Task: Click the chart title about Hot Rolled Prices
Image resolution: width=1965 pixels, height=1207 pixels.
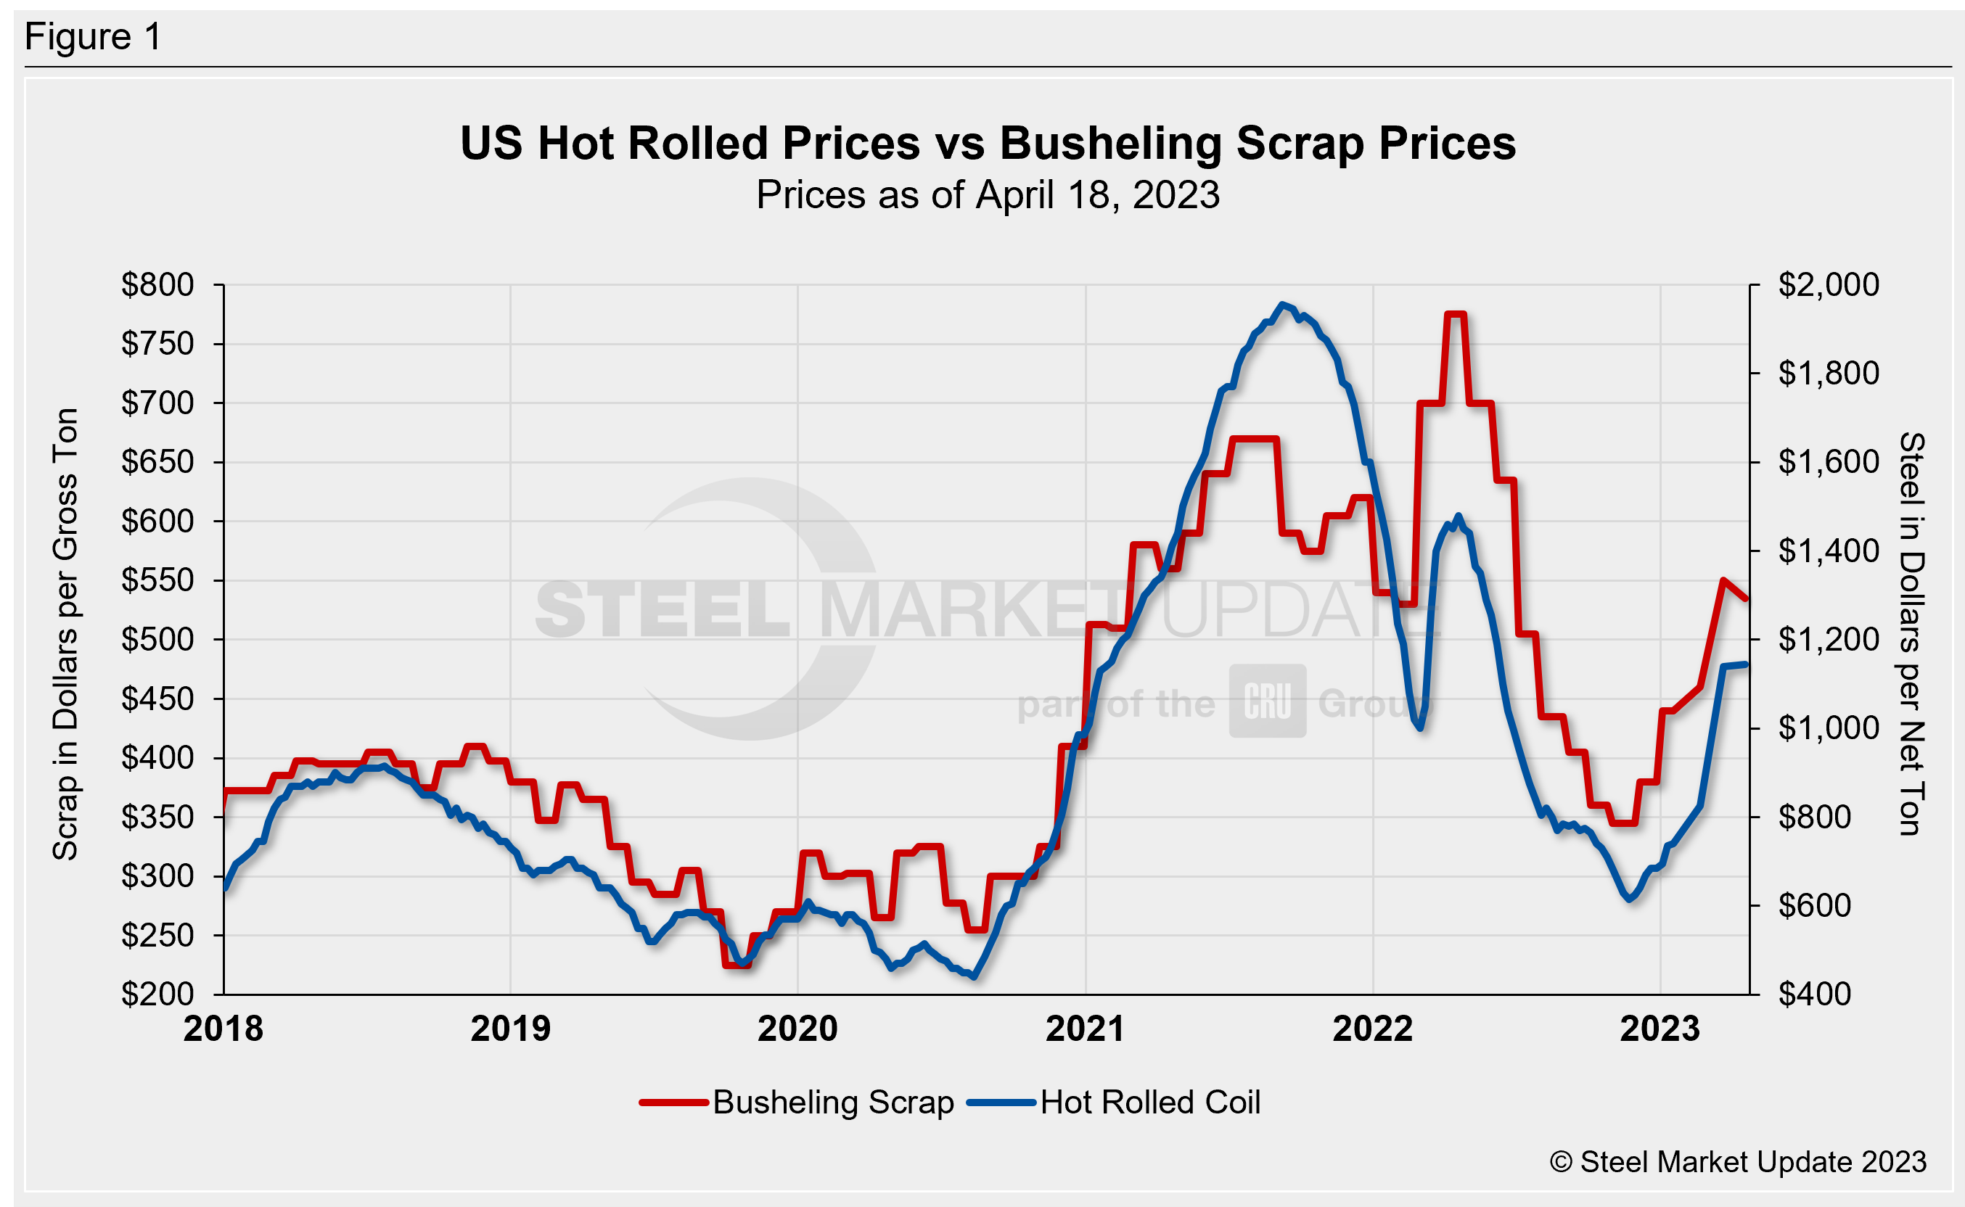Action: point(988,144)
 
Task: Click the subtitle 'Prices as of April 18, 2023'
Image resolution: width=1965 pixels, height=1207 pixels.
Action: point(988,195)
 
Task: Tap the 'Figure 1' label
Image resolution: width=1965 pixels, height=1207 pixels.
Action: point(93,37)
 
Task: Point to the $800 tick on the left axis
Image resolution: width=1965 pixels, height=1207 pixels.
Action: point(157,285)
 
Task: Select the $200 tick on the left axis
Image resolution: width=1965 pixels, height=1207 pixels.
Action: point(157,994)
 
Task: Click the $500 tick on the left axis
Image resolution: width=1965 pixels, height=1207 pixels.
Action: point(157,640)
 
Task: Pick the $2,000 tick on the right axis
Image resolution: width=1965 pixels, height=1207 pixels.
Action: point(1829,285)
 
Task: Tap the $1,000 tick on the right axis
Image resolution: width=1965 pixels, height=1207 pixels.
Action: point(1829,728)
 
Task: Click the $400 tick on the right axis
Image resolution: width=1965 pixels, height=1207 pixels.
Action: point(1815,994)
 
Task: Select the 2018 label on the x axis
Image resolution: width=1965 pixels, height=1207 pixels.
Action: point(223,1029)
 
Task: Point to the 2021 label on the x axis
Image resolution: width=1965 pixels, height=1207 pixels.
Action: point(1085,1029)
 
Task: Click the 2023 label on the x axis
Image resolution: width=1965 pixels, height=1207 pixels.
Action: point(1660,1029)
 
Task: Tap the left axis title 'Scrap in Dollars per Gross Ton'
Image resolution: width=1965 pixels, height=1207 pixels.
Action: point(65,634)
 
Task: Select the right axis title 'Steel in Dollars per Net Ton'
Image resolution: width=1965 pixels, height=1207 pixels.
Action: point(1910,634)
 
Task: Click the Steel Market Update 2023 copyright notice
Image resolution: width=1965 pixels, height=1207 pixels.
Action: point(1738,1162)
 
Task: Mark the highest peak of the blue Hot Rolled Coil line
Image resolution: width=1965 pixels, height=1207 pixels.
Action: point(1282,304)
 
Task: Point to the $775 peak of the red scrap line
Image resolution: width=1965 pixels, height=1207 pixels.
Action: point(1456,315)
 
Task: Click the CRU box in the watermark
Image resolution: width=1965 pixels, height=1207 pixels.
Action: point(1267,701)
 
